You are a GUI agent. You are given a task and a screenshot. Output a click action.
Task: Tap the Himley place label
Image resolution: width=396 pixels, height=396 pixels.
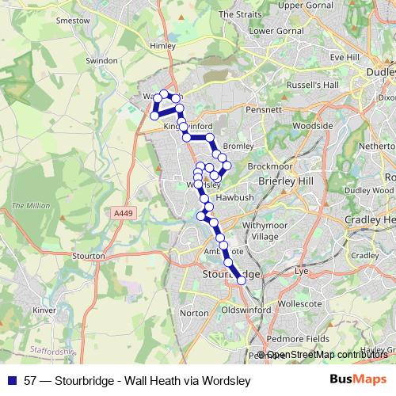[x=162, y=47]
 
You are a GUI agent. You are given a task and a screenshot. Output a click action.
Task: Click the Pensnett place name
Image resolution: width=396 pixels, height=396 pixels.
[x=264, y=109]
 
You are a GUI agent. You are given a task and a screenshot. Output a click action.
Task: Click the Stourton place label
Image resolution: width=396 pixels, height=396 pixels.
[x=89, y=256]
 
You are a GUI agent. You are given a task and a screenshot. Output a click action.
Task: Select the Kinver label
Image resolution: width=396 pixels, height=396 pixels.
[x=44, y=310]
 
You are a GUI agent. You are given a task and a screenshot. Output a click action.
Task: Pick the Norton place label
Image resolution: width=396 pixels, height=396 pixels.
[x=195, y=314]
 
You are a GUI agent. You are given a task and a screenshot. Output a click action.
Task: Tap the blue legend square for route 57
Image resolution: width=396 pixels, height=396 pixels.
[x=12, y=380]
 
